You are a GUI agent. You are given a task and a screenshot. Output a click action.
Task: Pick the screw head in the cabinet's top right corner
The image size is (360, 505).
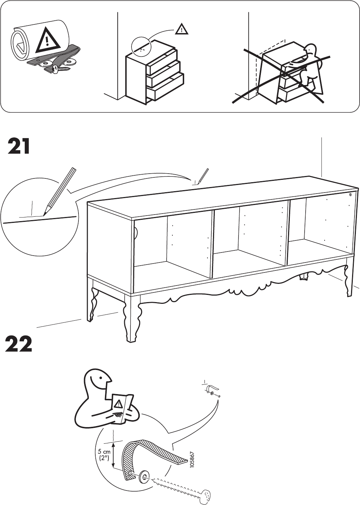click(350, 195)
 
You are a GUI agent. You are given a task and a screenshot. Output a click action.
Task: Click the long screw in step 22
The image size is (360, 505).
click(179, 486)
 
